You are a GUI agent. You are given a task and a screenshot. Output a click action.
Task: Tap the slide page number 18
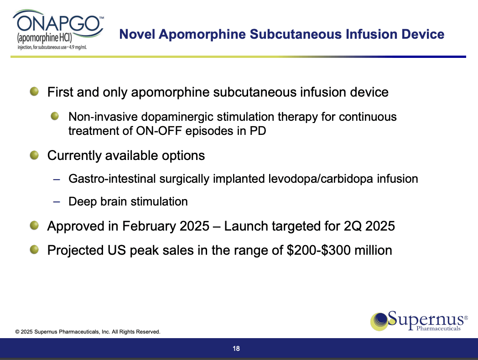(236, 349)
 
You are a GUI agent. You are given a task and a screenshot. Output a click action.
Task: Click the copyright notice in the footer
(88, 332)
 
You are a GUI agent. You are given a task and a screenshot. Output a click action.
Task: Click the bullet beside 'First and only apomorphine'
(34, 92)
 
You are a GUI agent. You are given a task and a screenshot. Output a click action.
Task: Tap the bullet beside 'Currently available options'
(34, 155)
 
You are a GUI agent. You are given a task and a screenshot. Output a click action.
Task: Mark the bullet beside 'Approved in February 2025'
(34, 226)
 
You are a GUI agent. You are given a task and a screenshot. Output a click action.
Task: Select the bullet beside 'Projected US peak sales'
(34, 250)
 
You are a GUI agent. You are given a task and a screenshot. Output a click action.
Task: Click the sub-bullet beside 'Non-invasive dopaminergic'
(55, 117)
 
